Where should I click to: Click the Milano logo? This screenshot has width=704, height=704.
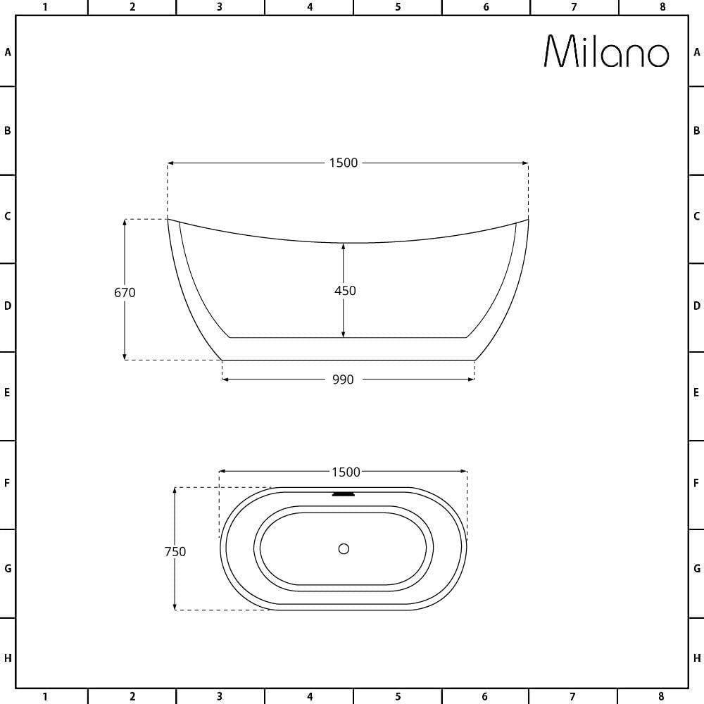pyautogui.click(x=607, y=51)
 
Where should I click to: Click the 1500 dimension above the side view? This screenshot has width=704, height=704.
pyautogui.click(x=344, y=163)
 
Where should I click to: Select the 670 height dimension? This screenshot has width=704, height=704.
pyautogui.click(x=125, y=292)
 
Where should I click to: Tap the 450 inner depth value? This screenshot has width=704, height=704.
pyautogui.click(x=345, y=291)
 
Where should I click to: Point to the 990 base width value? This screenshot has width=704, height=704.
pyautogui.click(x=343, y=379)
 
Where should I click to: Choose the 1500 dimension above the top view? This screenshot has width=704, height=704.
pyautogui.click(x=346, y=472)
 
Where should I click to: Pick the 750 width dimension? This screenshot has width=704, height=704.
pyautogui.click(x=175, y=551)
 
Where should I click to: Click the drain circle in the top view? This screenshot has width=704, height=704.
pyautogui.click(x=344, y=548)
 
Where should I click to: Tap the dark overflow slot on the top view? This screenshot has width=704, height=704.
pyautogui.click(x=344, y=494)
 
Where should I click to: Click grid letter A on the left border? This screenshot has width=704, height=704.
pyautogui.click(x=8, y=52)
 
